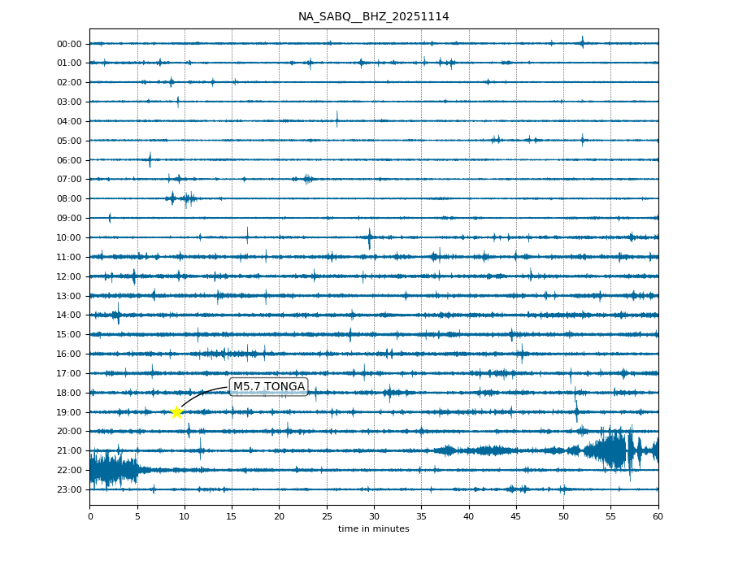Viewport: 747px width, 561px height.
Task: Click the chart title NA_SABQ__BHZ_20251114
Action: pyautogui.click(x=373, y=17)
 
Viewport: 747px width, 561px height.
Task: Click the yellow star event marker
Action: pyautogui.click(x=176, y=412)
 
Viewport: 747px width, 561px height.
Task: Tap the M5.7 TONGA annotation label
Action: pyautogui.click(x=268, y=386)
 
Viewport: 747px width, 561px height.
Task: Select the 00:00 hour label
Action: pyautogui.click(x=70, y=44)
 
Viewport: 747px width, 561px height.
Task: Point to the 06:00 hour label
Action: pyautogui.click(x=70, y=160)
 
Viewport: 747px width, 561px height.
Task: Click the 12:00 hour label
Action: pyautogui.click(x=70, y=276)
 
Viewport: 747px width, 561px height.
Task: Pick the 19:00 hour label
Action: pyautogui.click(x=70, y=412)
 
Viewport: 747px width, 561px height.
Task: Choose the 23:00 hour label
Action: pyautogui.click(x=70, y=489)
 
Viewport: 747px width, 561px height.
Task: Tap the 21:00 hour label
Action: pyautogui.click(x=70, y=450)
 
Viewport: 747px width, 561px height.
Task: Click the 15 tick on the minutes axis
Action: pyautogui.click(x=232, y=515)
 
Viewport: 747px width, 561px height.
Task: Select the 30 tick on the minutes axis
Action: pyautogui.click(x=374, y=515)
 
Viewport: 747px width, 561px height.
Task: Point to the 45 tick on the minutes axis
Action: pyautogui.click(x=516, y=515)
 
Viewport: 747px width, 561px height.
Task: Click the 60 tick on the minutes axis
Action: pyautogui.click(x=658, y=515)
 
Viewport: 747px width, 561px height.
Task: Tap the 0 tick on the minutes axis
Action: pyautogui.click(x=90, y=515)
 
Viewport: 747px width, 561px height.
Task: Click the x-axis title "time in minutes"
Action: pyautogui.click(x=373, y=529)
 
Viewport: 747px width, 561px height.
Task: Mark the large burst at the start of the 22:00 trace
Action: pyautogui.click(x=110, y=470)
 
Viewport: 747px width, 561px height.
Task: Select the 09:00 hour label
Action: pyautogui.click(x=70, y=218)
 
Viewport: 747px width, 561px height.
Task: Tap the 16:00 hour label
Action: pyautogui.click(x=70, y=354)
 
